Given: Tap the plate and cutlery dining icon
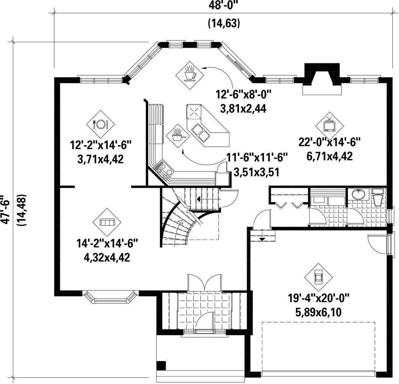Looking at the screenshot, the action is pyautogui.click(x=100, y=124).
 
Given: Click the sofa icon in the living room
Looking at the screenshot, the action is pyautogui.click(x=107, y=222).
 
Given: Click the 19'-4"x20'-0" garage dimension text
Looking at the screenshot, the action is pyautogui.click(x=318, y=297).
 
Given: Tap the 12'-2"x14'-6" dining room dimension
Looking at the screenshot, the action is pyautogui.click(x=100, y=146).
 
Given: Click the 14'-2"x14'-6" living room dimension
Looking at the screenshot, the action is pyautogui.click(x=107, y=244).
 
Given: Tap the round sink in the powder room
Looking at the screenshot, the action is pyautogui.click(x=359, y=194).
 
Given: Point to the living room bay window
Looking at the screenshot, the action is pyautogui.click(x=110, y=296).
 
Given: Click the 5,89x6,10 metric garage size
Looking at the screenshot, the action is pyautogui.click(x=318, y=312).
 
